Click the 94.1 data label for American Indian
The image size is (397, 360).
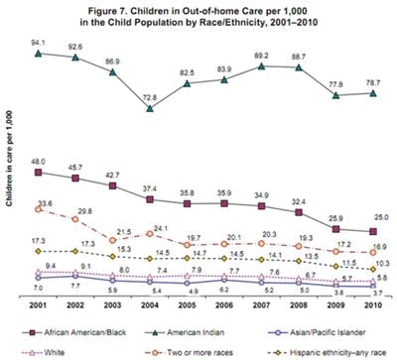coord(36,42)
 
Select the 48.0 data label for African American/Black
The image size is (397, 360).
coord(39,161)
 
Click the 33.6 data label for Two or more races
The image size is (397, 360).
coord(45,202)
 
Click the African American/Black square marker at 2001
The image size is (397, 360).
coord(38,172)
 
